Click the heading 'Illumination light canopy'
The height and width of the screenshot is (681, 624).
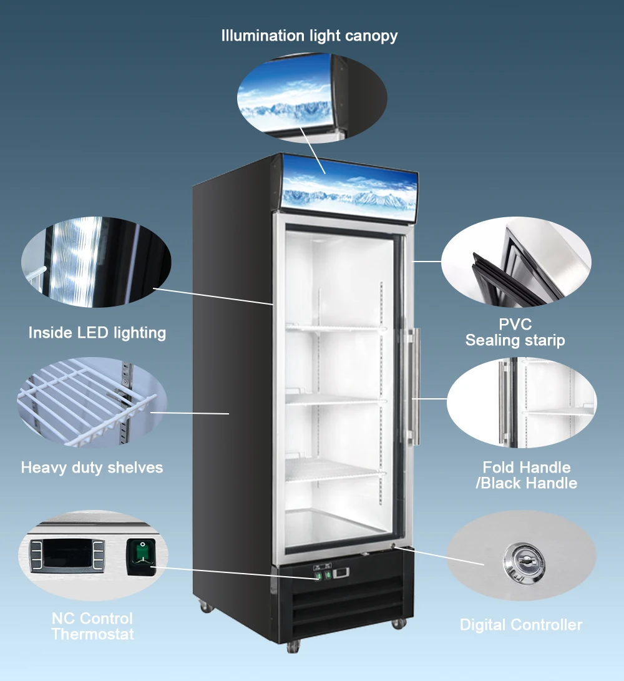click(309, 36)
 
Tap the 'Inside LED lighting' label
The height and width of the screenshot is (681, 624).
click(97, 333)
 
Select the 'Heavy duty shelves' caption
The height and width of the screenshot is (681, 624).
click(92, 468)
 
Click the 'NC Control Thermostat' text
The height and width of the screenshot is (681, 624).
click(92, 626)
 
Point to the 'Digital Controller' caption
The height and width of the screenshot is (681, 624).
click(520, 625)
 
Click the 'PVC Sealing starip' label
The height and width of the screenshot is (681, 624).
click(515, 333)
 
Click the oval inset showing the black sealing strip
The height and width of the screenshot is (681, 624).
click(516, 262)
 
